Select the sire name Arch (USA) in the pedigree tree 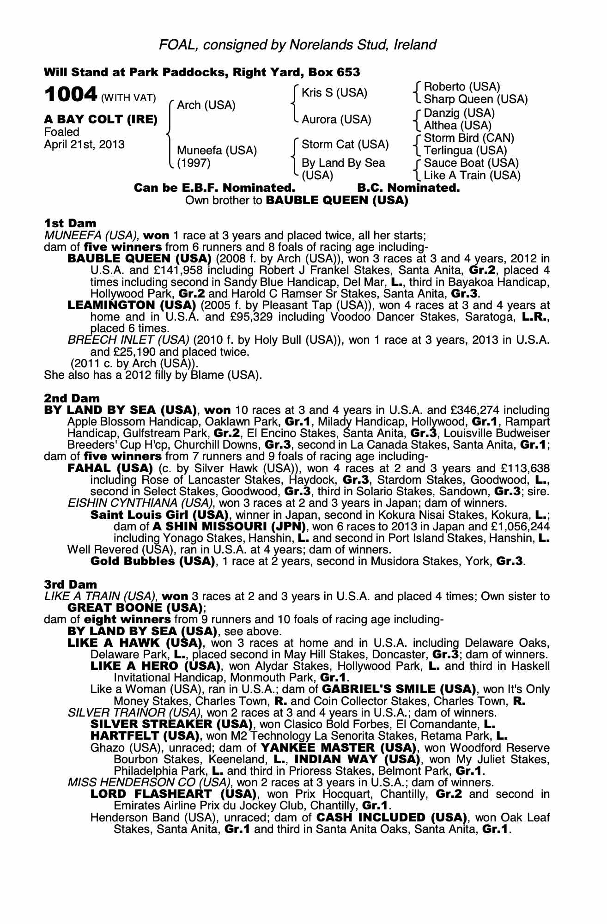[206, 105]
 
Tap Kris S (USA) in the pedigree [334, 93]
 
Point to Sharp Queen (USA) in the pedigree [475, 99]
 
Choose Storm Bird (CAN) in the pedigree [468, 138]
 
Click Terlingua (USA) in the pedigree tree [465, 151]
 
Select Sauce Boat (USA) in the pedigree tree [471, 163]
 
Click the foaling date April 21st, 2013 [84, 145]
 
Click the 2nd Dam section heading [72, 398]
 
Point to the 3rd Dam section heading [71, 584]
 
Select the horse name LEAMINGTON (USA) [130, 305]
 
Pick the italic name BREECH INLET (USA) [128, 340]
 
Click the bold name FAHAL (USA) [110, 468]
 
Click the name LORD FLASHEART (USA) [173, 794]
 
